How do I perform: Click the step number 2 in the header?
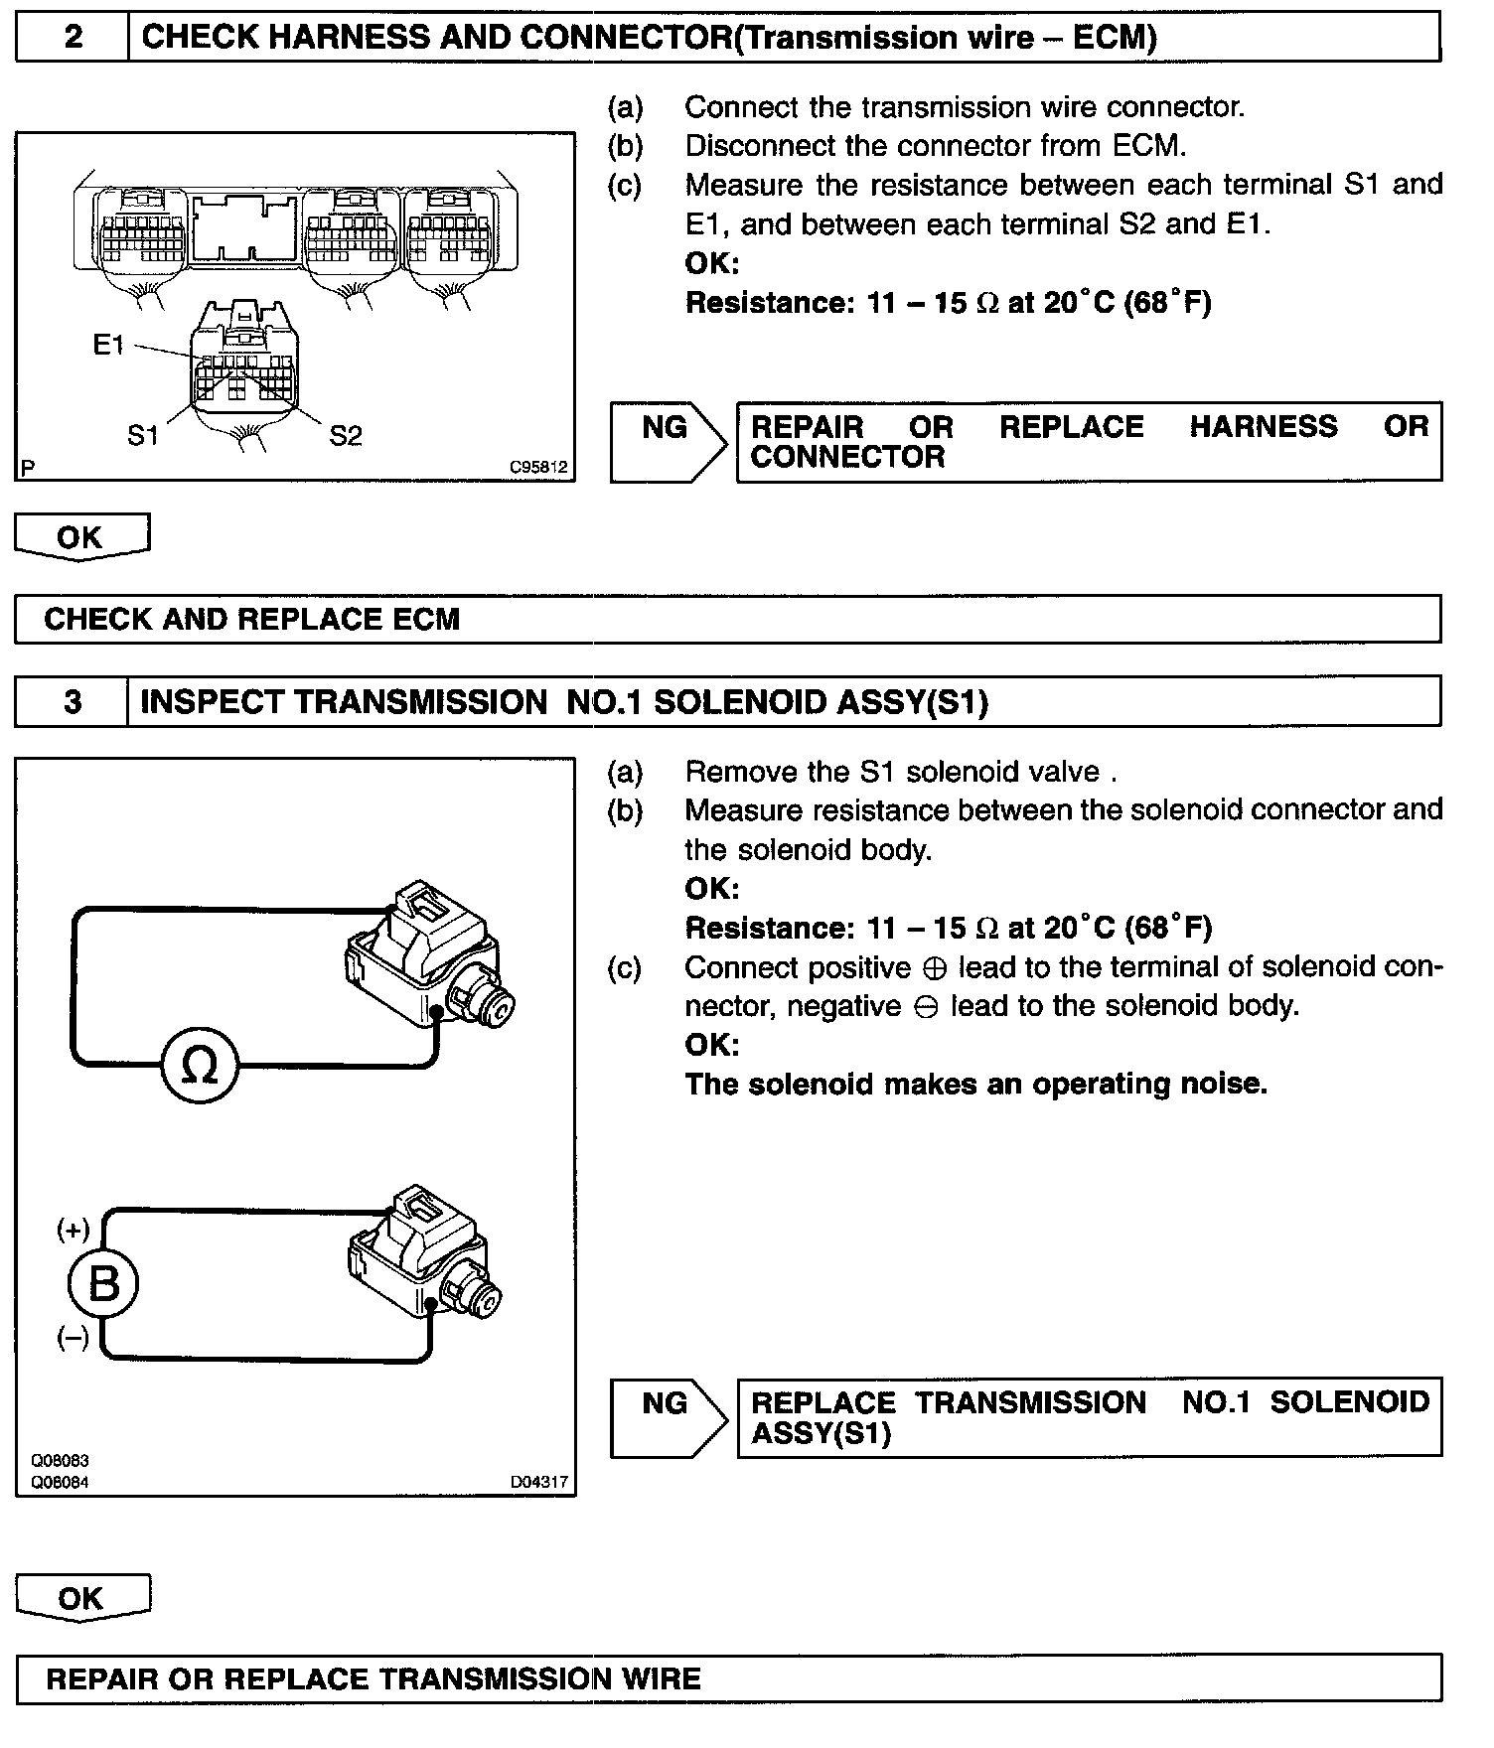coord(74,38)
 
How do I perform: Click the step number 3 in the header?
coord(73,702)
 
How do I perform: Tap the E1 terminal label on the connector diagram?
coord(108,345)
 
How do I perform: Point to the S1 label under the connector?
coord(143,435)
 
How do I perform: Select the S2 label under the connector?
coord(346,435)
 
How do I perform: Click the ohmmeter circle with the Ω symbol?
coord(201,1067)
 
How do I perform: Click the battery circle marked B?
coord(103,1284)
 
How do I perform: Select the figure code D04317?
coord(539,1482)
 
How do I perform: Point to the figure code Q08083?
coord(60,1461)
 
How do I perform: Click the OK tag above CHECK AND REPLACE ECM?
coord(81,537)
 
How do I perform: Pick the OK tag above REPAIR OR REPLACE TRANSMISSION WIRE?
coord(81,1598)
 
